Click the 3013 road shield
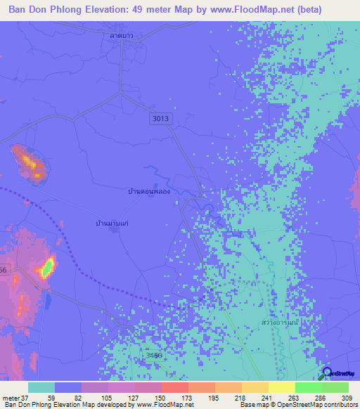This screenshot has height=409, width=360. [x=160, y=119]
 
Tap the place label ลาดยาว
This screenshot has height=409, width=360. [x=122, y=34]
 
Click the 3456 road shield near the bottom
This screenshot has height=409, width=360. [x=153, y=356]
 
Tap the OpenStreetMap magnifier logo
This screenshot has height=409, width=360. [x=328, y=373]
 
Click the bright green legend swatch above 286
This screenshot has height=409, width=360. [x=308, y=387]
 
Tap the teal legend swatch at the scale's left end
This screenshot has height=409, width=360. [x=41, y=387]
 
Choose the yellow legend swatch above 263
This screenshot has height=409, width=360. [x=281, y=387]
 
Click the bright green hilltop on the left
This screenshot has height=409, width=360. [x=47, y=267]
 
